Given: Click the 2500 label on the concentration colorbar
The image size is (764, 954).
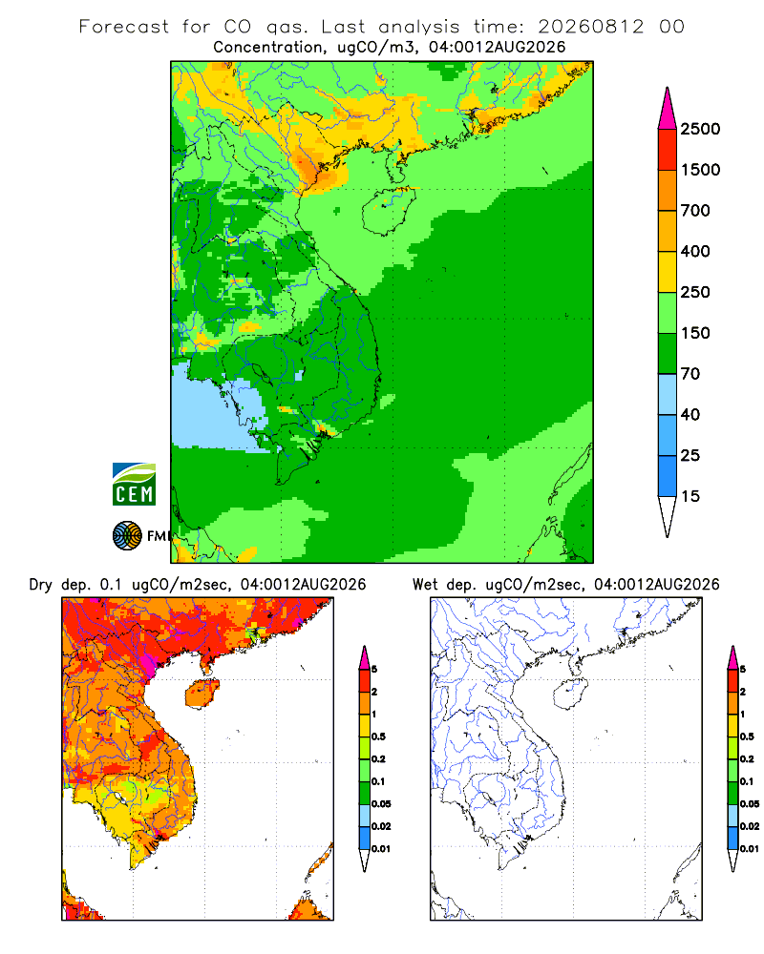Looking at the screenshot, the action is click(700, 129).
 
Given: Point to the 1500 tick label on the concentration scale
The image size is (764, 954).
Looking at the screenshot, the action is click(700, 170).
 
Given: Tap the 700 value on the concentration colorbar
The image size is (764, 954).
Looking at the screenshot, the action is click(695, 211).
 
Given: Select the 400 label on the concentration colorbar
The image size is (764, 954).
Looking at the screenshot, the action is click(695, 251).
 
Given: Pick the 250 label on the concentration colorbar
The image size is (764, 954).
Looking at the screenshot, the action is click(695, 292).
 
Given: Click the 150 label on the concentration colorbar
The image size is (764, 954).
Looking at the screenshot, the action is click(695, 333).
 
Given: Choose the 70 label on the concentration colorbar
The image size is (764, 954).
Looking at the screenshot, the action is click(690, 374).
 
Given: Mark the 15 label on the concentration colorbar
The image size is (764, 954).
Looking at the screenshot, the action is click(690, 496).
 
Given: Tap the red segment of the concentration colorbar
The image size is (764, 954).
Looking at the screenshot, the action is click(668, 150).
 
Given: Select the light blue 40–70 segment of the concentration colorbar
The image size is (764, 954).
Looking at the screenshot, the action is click(668, 394).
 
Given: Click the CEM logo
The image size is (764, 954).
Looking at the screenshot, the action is click(134, 485).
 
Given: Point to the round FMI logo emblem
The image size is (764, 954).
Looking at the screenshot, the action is click(127, 536).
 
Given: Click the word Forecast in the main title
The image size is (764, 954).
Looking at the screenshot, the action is click(124, 27).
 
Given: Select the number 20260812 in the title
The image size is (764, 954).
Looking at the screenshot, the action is click(590, 27).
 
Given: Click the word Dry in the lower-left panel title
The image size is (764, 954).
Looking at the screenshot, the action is click(41, 586).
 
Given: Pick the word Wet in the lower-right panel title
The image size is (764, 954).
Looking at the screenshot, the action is click(425, 585).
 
